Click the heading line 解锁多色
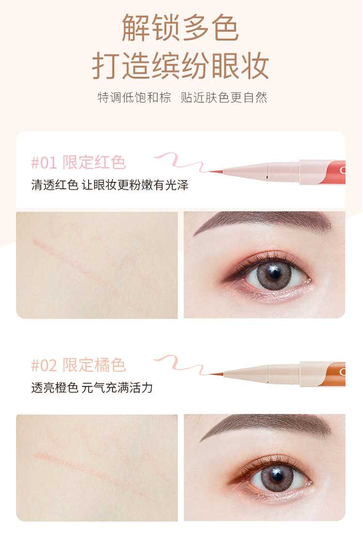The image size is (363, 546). [180, 28]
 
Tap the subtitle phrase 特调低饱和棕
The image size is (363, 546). [134, 97]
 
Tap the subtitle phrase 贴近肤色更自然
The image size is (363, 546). [224, 97]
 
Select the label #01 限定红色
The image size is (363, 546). [78, 162]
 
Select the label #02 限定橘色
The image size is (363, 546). [78, 365]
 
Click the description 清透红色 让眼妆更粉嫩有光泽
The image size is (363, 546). [110, 184]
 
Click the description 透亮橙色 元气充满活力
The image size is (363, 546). [92, 387]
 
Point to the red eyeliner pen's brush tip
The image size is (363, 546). [210, 172]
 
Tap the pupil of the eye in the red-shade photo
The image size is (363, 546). [274, 273]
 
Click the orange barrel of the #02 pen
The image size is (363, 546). [336, 374]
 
